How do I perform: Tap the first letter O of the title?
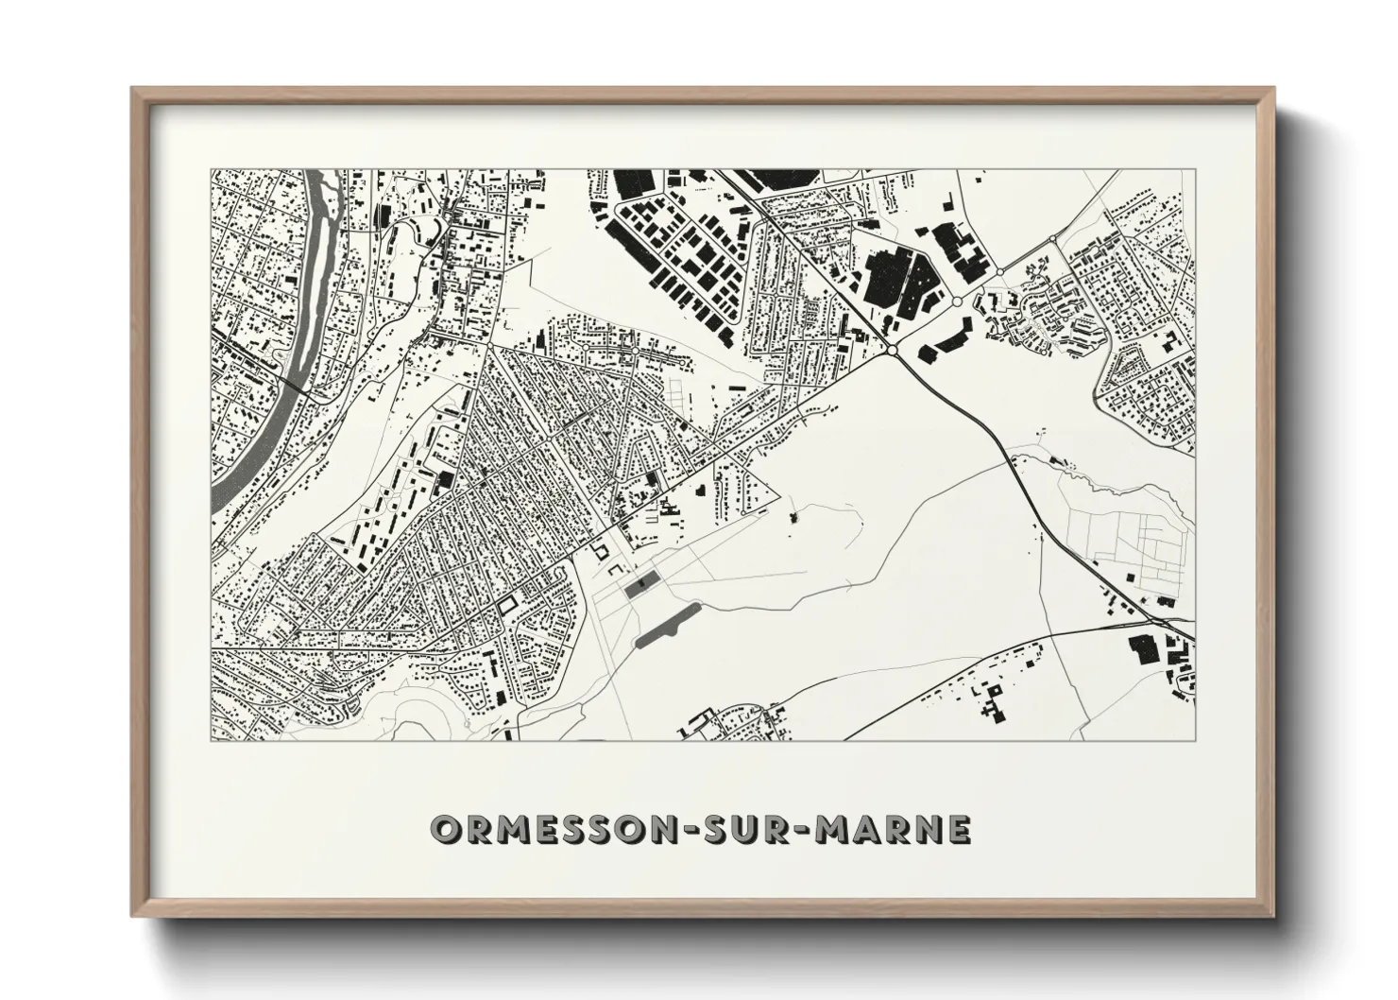[x=445, y=829]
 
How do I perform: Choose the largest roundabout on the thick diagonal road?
[x=892, y=351]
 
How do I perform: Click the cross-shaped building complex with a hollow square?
[x=992, y=703]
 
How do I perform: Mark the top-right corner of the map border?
[x=1195, y=170]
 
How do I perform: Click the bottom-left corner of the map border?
[x=211, y=740]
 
